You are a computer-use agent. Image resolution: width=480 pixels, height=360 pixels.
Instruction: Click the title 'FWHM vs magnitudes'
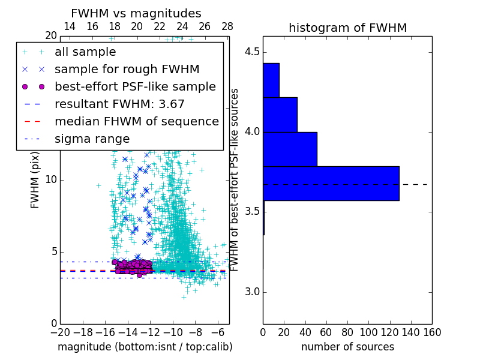[136, 14]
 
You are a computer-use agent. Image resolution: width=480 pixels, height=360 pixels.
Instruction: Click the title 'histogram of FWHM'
[347, 28]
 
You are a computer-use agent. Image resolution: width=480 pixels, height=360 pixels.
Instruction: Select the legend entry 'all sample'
[85, 52]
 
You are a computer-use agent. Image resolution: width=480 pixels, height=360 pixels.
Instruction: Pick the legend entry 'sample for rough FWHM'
[127, 69]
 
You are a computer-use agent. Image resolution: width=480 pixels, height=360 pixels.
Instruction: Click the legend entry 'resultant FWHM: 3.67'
[119, 104]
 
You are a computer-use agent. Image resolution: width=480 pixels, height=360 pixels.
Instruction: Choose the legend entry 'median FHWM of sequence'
[136, 121]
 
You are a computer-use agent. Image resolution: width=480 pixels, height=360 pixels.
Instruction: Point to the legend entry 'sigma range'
[92, 139]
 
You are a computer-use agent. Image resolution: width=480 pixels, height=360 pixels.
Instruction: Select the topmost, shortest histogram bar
[271, 80]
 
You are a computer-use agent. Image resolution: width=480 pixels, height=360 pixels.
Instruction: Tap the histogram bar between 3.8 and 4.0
[290, 149]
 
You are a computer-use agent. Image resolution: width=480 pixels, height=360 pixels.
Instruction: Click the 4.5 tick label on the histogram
[252, 52]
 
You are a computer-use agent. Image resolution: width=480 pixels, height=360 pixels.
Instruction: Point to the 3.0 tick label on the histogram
[252, 292]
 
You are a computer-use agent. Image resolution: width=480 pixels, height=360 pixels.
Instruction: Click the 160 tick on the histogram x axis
[432, 332]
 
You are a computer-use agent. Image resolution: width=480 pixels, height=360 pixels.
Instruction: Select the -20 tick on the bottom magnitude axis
[60, 332]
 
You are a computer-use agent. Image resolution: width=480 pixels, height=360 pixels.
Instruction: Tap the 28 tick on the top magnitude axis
[227, 26]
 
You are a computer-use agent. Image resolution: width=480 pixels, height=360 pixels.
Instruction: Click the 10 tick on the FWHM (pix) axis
[52, 180]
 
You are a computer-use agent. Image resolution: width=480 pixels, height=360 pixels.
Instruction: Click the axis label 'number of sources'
[347, 347]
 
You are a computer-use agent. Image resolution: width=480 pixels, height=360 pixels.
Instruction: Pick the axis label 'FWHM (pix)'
[35, 180]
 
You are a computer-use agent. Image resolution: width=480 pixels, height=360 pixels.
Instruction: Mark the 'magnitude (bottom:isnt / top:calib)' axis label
[145, 347]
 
